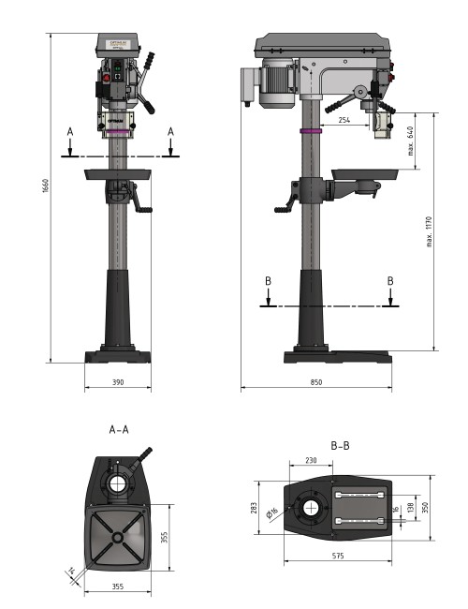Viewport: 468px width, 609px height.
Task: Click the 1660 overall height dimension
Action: pos(44,186)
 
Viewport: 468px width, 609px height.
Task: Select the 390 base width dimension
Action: pos(117,382)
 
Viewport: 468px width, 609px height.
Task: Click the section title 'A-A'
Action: pos(119,430)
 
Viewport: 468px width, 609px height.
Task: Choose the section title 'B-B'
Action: pos(340,445)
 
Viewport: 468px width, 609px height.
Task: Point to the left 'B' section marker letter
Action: pos(268,280)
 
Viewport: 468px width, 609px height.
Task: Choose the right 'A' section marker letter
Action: pos(170,133)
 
